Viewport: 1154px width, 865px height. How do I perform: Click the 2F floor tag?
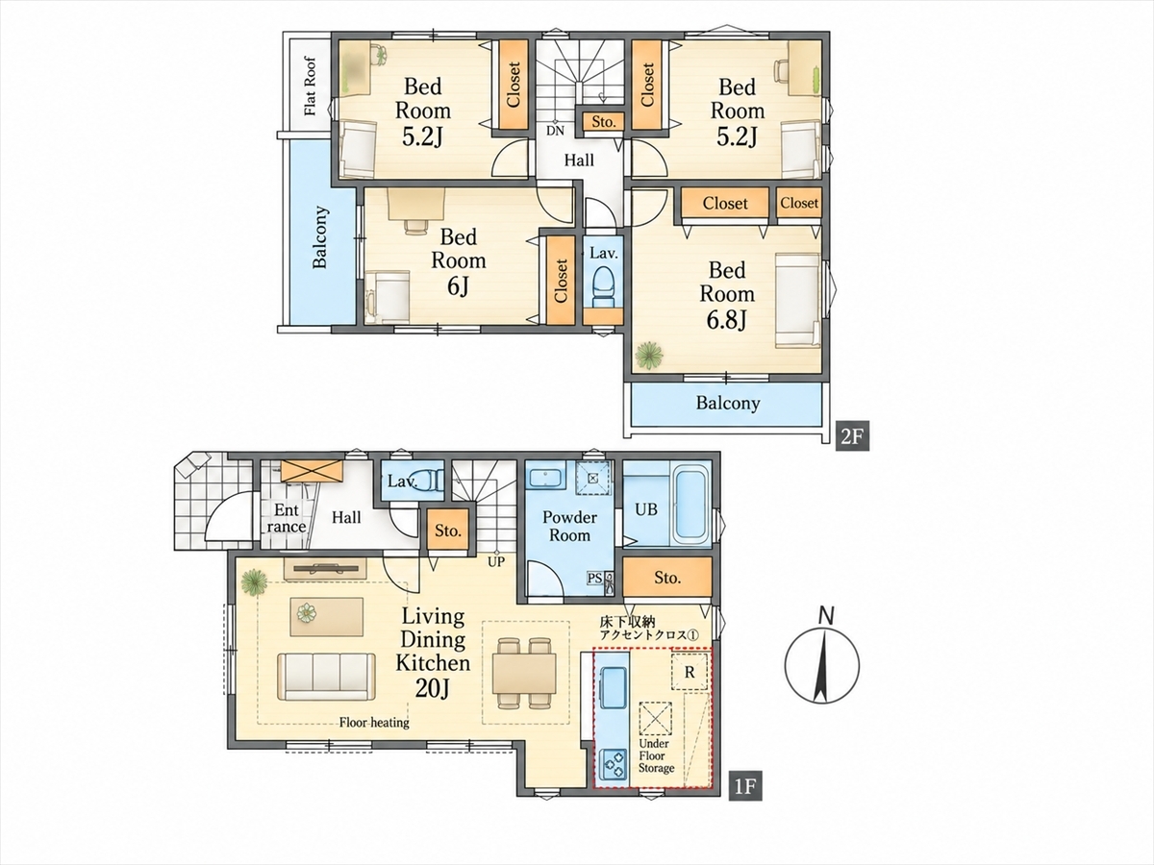853,435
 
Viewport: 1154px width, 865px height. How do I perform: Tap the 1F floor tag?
745,801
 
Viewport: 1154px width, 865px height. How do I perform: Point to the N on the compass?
827,616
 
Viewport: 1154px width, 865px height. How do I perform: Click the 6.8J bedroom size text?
727,320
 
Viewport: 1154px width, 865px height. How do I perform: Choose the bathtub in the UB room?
690,506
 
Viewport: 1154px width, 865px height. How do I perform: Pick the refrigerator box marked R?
690,672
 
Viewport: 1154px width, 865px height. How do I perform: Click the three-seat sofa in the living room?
326,677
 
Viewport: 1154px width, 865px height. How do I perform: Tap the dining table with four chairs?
524,674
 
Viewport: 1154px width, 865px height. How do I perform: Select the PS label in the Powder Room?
594,579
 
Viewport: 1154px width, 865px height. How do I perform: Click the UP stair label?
496,562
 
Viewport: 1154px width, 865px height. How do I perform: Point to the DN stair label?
555,131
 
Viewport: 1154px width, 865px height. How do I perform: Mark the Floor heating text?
374,723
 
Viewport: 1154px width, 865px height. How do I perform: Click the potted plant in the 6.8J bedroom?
649,355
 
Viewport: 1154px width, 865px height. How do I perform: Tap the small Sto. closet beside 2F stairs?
603,122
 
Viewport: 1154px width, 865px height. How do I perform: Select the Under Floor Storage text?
656,755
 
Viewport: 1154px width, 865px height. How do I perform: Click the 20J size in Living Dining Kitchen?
432,688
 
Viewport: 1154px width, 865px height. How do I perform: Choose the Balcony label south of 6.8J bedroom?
728,404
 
